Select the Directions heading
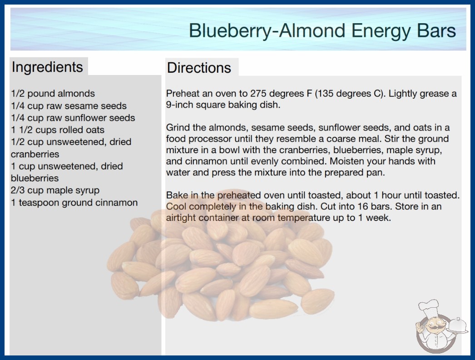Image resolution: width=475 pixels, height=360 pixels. tap(199, 68)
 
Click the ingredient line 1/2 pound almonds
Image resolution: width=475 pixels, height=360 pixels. tap(53, 94)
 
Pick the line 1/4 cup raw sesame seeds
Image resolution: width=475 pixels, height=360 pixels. tap(69, 106)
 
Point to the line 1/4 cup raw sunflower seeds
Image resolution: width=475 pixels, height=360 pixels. tap(73, 118)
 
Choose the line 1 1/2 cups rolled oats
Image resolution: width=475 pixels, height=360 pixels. tap(58, 130)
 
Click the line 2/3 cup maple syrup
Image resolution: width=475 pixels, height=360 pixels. tap(55, 190)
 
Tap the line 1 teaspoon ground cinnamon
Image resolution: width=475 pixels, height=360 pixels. tap(74, 203)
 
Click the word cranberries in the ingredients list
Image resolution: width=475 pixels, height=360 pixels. tap(35, 154)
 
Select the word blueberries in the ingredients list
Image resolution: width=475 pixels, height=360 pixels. tap(35, 178)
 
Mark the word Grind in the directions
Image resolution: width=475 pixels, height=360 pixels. tap(178, 127)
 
